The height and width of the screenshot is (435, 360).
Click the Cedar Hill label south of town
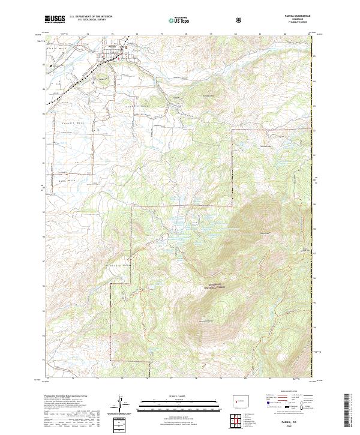pyautogui.click(x=102, y=79)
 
